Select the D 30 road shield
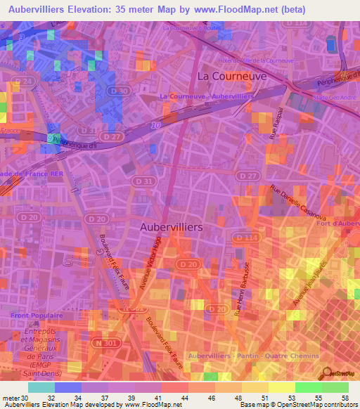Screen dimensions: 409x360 [x=120, y=91]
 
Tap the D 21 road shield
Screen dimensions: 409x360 [x=27, y=82]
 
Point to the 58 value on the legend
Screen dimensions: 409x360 [x=344, y=399]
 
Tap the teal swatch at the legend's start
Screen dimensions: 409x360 [x=41, y=387]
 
